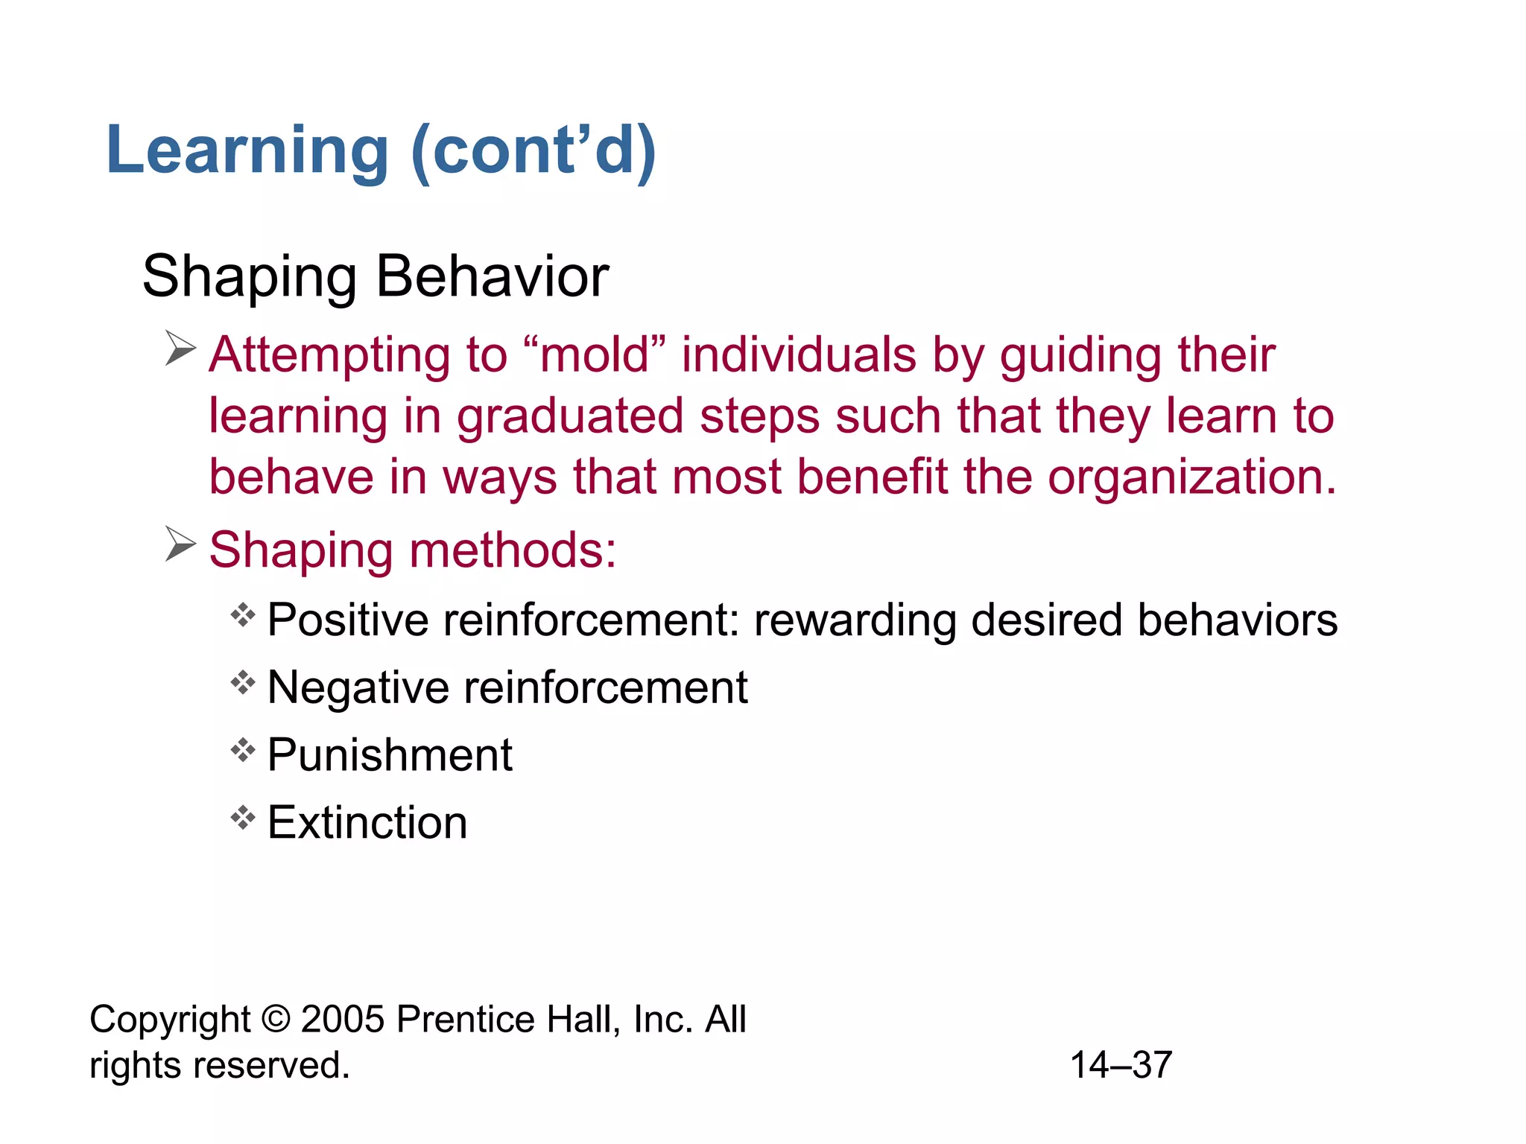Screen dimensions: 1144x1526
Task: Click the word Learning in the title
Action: tap(247, 151)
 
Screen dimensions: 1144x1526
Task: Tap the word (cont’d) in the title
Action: tap(534, 151)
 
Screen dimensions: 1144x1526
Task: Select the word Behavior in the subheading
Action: tap(493, 276)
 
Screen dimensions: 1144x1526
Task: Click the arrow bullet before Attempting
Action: tap(180, 349)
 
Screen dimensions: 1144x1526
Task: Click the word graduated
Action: tap(570, 416)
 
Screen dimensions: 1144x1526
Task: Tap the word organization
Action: tap(1192, 477)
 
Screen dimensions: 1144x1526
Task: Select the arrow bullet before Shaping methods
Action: tap(180, 544)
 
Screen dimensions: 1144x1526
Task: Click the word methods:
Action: tap(513, 550)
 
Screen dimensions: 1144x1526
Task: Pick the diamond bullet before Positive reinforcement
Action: tap(243, 615)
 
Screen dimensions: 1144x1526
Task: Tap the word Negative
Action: tap(358, 687)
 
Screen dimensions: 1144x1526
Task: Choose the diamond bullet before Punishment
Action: tap(243, 750)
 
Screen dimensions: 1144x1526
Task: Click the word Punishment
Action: tap(390, 755)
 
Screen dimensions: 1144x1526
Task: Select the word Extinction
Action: tap(367, 823)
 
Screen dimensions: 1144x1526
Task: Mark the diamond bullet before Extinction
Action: tap(243, 818)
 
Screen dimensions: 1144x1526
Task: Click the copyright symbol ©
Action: tap(276, 1020)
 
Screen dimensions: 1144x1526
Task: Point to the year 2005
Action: tap(342, 1020)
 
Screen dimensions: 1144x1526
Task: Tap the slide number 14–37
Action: tap(1121, 1065)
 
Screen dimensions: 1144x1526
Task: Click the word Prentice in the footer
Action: tap(465, 1020)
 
